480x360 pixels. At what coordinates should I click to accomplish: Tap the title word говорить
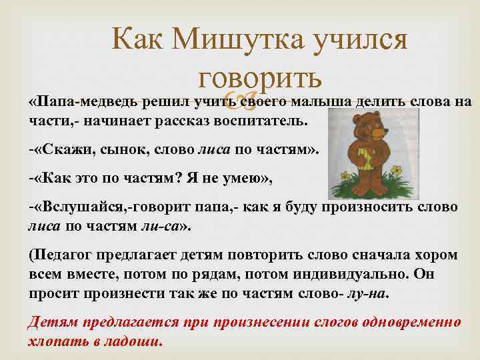(x=251, y=78)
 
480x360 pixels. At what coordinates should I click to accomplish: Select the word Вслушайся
(x=82, y=207)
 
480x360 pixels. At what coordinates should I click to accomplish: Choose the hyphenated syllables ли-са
(x=161, y=226)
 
